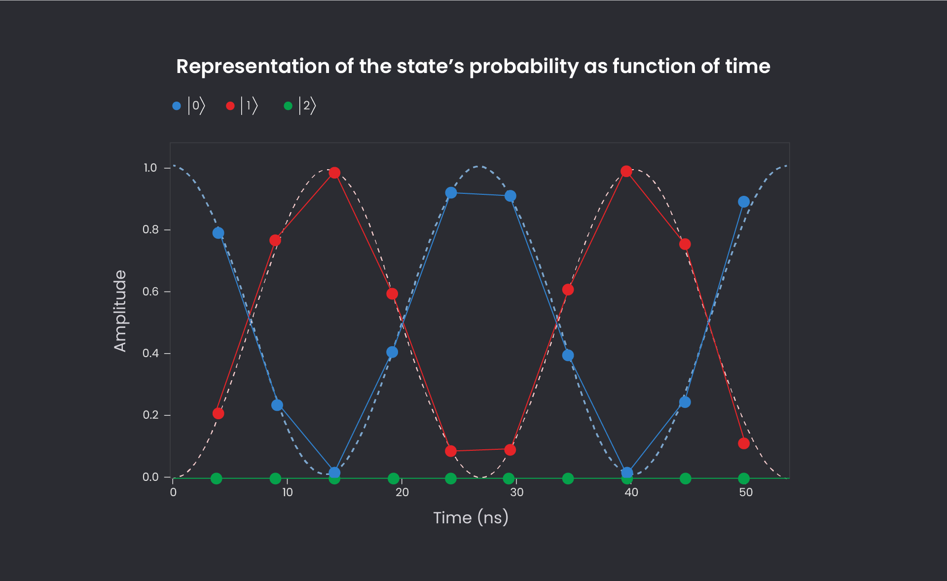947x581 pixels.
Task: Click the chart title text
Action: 473,67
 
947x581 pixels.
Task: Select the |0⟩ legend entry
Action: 189,106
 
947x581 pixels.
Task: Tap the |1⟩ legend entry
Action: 243,106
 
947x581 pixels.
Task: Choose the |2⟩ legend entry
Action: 300,106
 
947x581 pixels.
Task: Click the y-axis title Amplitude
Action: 120,311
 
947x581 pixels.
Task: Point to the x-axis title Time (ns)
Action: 471,517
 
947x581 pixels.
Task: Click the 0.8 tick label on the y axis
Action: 150,230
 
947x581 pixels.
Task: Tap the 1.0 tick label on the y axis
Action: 150,168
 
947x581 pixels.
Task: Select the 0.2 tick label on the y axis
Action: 150,415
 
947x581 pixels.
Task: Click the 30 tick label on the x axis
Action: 516,492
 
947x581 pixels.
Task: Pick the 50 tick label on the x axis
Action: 746,492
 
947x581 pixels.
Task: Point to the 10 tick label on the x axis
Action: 287,492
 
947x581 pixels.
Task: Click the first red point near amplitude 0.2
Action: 218,413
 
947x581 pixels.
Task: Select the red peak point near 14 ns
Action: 334,173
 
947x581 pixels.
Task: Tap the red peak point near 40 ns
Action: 626,171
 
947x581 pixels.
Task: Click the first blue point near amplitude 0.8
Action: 218,233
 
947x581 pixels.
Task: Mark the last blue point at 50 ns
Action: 744,202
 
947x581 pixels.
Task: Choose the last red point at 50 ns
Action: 744,443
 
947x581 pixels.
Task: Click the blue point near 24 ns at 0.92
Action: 451,193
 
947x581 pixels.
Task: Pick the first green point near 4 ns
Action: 216,478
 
